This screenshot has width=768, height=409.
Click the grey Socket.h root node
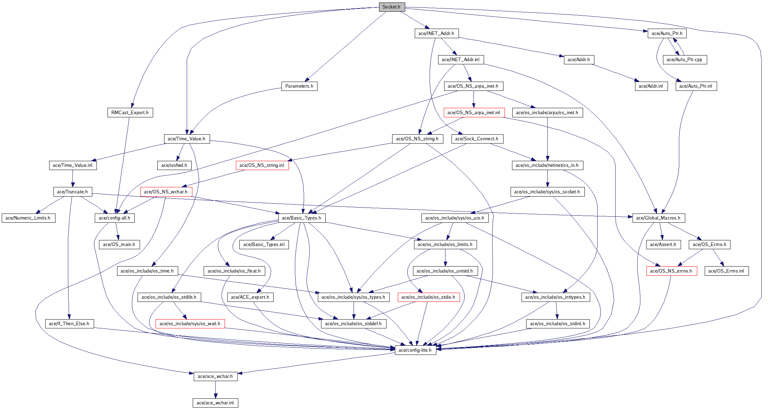pyautogui.click(x=391, y=7)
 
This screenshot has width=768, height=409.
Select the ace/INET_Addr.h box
pyautogui.click(x=436, y=34)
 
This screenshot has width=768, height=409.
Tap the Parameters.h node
pyautogui.click(x=299, y=86)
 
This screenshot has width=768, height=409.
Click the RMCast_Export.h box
pyautogui.click(x=130, y=113)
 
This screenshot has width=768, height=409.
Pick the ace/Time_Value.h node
pyautogui.click(x=186, y=139)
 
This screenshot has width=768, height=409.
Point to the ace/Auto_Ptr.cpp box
pyautogui.click(x=685, y=60)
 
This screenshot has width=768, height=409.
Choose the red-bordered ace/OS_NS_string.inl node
pyautogui.click(x=262, y=165)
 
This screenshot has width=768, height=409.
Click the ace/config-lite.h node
pyautogui.click(x=415, y=350)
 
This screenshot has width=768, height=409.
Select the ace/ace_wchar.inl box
pyautogui.click(x=215, y=403)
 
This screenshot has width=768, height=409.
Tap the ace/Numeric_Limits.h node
pyautogui.click(x=28, y=218)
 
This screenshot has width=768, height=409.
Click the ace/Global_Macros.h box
pyautogui.click(x=658, y=218)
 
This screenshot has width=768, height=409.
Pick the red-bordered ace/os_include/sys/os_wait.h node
pyautogui.click(x=190, y=324)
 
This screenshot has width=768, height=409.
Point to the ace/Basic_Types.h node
pyautogui.click(x=302, y=218)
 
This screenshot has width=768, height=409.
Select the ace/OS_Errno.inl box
pyautogui.click(x=726, y=271)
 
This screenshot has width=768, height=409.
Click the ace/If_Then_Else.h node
pyautogui.click(x=69, y=324)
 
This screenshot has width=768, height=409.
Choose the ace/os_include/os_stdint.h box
pyautogui.click(x=558, y=324)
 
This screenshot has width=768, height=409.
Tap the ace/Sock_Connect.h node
pyautogui.click(x=477, y=139)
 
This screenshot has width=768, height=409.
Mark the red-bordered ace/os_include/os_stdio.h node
pyautogui.click(x=429, y=297)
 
